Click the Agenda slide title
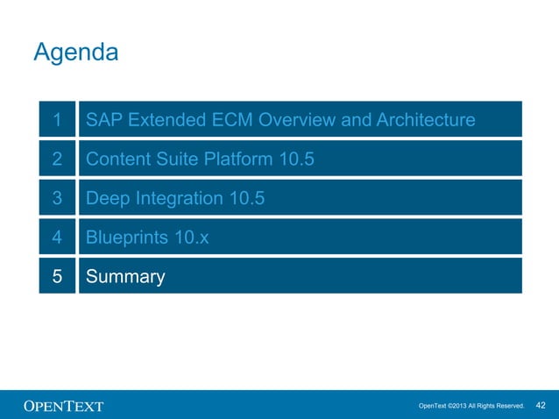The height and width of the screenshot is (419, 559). pyautogui.click(x=75, y=53)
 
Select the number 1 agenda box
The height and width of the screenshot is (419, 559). pyautogui.click(x=57, y=119)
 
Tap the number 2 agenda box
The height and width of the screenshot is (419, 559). pyautogui.click(x=57, y=159)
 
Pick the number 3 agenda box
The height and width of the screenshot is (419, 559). pyautogui.click(x=57, y=198)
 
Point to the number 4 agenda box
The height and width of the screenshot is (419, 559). pyautogui.click(x=57, y=238)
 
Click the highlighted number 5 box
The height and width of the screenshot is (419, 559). pyautogui.click(x=57, y=277)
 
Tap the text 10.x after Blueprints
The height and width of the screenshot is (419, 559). pyautogui.click(x=193, y=238)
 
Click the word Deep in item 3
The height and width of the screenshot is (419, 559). pyautogui.click(x=107, y=199)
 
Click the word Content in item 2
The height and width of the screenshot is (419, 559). pyautogui.click(x=117, y=160)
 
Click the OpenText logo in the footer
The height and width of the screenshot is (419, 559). pyautogui.click(x=63, y=406)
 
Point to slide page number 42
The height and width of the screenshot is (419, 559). pyautogui.click(x=541, y=405)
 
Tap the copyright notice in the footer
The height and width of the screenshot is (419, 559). pyautogui.click(x=471, y=406)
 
